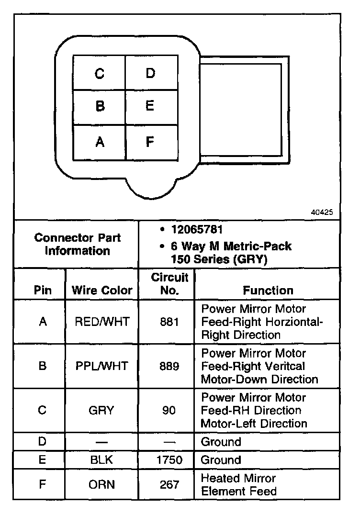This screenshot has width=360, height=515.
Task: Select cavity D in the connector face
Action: click(151, 73)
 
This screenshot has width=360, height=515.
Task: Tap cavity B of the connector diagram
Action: click(99, 106)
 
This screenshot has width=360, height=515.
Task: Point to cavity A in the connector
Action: click(99, 142)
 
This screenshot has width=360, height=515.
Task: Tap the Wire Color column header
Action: click(101, 290)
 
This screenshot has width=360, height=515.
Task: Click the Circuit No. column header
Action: click(169, 284)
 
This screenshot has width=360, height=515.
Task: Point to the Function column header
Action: click(268, 290)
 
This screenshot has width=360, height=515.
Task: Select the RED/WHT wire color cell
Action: click(102, 322)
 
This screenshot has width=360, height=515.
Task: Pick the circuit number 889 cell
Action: click(169, 366)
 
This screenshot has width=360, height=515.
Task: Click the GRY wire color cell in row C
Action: click(102, 410)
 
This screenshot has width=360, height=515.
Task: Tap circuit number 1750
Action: click(169, 460)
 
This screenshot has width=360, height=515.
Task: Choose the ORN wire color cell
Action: click(102, 484)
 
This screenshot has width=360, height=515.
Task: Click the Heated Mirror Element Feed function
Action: click(238, 484)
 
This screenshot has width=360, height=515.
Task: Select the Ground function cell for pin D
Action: click(221, 441)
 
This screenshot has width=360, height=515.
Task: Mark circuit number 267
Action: click(169, 484)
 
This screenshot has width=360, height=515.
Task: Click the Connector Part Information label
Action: click(78, 244)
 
